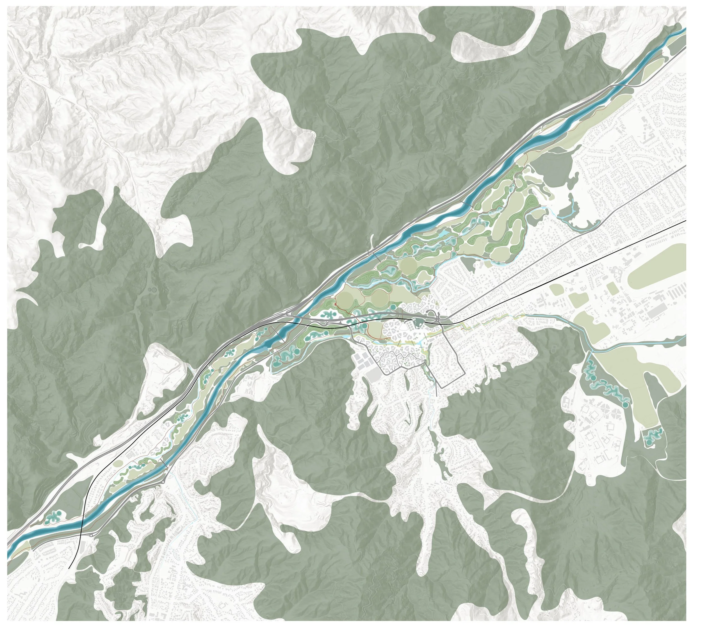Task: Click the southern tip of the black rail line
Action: point(70,568)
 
